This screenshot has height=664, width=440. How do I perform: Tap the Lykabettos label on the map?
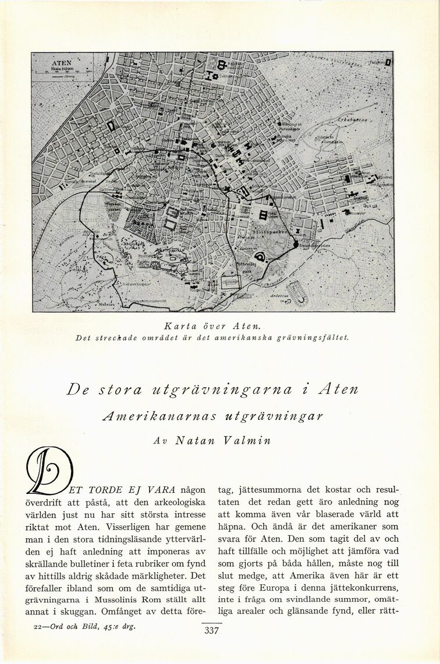(352, 119)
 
